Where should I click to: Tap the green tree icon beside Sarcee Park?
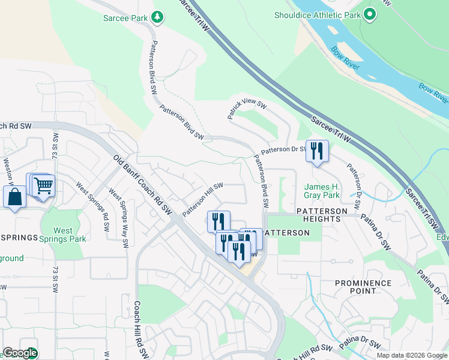coord(157,17)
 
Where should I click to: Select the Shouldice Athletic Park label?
coord(318,14)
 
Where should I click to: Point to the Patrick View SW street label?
coord(247,110)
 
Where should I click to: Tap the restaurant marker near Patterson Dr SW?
coord(316,151)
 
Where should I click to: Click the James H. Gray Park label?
coord(322,191)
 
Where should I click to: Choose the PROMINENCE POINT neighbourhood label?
coord(363,287)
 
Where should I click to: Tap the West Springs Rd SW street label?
coord(92,204)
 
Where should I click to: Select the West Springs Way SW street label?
coord(118,218)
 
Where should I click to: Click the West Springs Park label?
coord(71,235)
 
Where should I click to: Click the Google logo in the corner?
coord(20,353)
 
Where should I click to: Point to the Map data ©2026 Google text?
coord(411,355)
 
